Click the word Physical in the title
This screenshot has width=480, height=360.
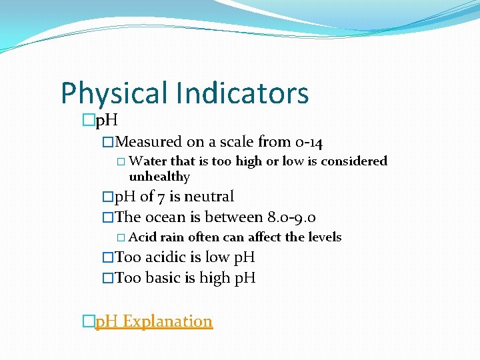114,94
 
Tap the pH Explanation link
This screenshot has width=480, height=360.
154,321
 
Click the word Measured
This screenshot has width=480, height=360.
148,141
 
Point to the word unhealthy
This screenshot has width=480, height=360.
159,177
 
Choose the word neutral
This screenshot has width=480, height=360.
209,197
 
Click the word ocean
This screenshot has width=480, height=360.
166,217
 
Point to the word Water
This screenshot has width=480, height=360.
148,161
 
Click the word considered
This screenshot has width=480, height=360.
355,161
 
